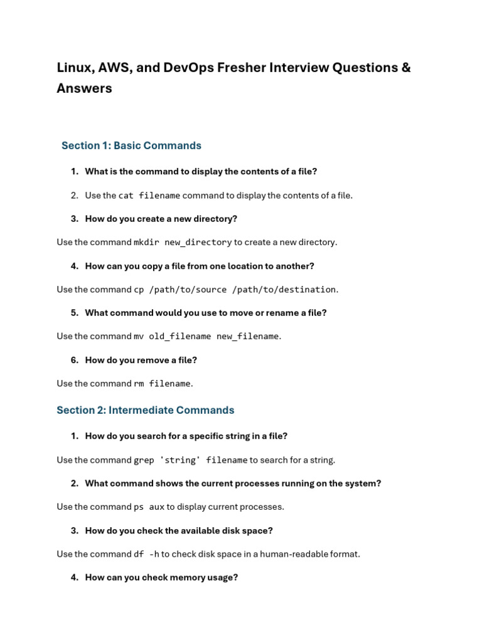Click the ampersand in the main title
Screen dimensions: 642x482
(405, 68)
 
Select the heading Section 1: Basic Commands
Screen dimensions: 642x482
(131, 145)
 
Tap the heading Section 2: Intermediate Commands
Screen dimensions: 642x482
(145, 410)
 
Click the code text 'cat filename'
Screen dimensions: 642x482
(149, 196)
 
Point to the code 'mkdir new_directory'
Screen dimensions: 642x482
(183, 243)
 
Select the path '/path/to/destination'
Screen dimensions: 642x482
(284, 290)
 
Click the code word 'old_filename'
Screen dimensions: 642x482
(180, 337)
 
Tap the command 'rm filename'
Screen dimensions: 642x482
(162, 384)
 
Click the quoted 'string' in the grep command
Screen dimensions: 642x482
(180, 460)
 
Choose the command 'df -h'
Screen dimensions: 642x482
(146, 554)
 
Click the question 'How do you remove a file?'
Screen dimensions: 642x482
(141, 360)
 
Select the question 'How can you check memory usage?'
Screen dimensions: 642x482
(161, 577)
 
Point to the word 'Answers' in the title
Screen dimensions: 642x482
(84, 88)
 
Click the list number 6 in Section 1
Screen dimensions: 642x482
(75, 360)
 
